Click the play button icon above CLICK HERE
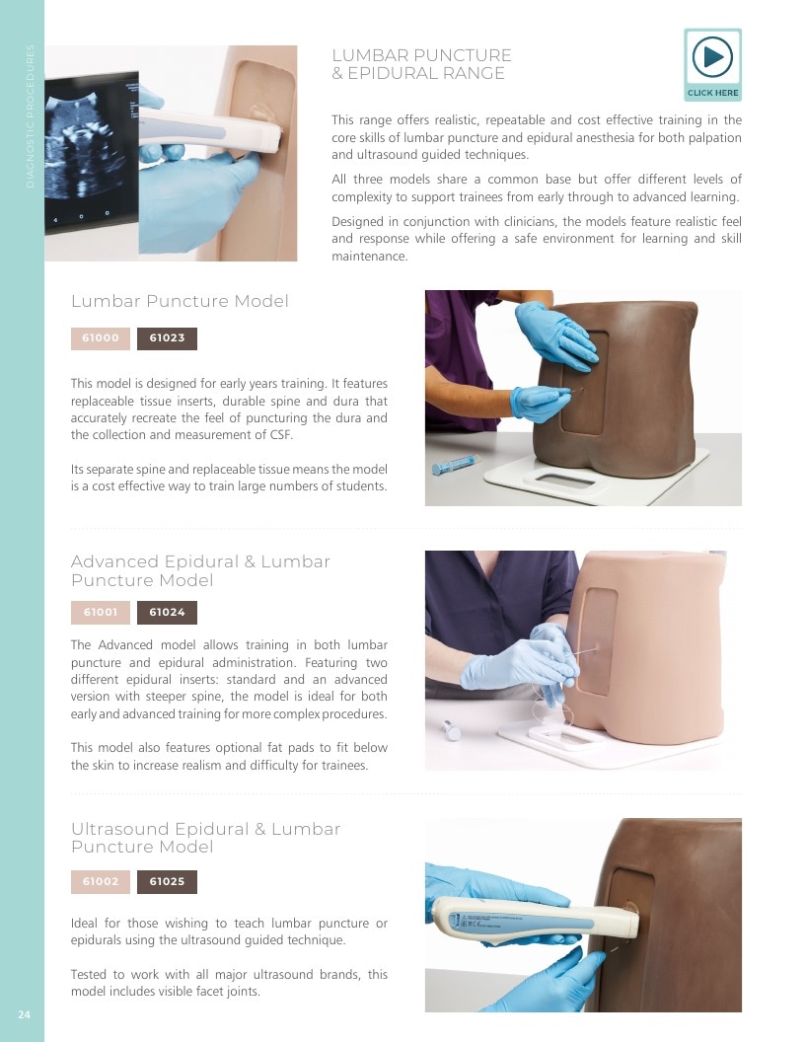pyautogui.click(x=712, y=56)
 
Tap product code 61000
pyautogui.click(x=101, y=338)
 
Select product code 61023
pyautogui.click(x=167, y=338)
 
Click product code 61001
pyautogui.click(x=101, y=612)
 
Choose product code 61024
pyautogui.click(x=167, y=612)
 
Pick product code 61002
pyautogui.click(x=101, y=882)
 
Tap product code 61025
pyautogui.click(x=167, y=882)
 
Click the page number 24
pyautogui.click(x=24, y=1014)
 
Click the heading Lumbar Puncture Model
pyautogui.click(x=180, y=301)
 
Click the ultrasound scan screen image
pyautogui.click(x=92, y=152)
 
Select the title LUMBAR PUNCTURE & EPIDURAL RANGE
pyautogui.click(x=421, y=64)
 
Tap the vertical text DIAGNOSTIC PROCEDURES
pyautogui.click(x=30, y=116)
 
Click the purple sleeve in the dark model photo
pyautogui.click(x=459, y=359)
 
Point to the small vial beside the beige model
pyautogui.click(x=452, y=729)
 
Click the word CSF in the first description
pyautogui.click(x=281, y=435)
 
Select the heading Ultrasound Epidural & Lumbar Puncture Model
pyautogui.click(x=206, y=838)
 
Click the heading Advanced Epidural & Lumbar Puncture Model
pyautogui.click(x=200, y=570)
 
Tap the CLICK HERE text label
pyautogui.click(x=712, y=93)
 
